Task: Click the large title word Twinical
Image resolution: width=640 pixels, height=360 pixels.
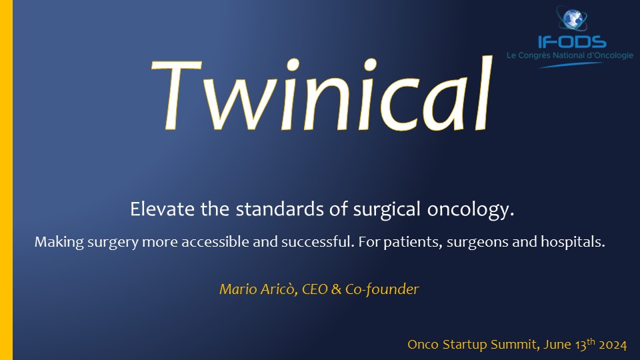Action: [x=322, y=94]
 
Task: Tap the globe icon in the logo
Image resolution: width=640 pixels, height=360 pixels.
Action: [x=572, y=19]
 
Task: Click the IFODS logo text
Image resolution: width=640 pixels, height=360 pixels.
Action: [x=572, y=41]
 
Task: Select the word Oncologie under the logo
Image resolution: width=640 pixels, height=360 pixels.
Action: [x=612, y=55]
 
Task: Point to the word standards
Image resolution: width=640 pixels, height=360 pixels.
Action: [x=280, y=209]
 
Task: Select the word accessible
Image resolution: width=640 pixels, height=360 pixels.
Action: [x=215, y=241]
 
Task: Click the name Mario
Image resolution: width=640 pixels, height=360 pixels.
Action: [x=233, y=289]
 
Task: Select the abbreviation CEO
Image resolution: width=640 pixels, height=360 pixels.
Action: [x=315, y=289]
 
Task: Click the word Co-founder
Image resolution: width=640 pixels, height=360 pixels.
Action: [x=382, y=289]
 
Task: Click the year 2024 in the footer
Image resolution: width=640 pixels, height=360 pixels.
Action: [x=613, y=345]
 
